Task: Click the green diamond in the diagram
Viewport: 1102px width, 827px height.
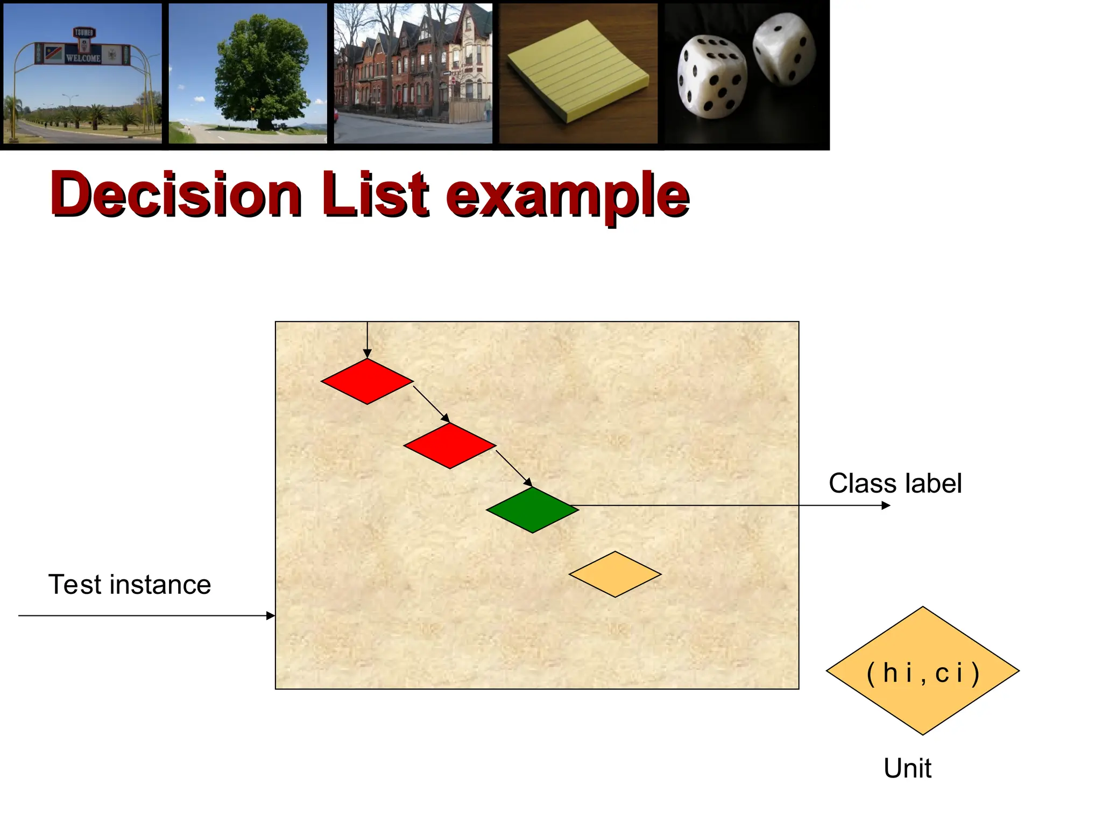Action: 532,510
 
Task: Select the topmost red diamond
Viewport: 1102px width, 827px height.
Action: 367,381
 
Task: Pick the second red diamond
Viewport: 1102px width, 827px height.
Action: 450,445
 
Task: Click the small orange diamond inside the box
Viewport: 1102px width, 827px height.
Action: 615,574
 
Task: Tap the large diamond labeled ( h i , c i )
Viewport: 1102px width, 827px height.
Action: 923,671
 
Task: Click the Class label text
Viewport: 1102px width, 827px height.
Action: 895,483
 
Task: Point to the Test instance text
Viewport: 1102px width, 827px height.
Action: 130,584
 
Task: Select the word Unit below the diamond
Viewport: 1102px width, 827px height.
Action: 907,768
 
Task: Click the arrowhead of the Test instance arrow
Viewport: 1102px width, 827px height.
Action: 271,615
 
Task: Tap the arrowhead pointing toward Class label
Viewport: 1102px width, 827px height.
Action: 886,505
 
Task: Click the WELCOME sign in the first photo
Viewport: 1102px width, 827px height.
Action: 82,57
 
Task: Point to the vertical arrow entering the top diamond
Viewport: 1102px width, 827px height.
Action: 367,339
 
